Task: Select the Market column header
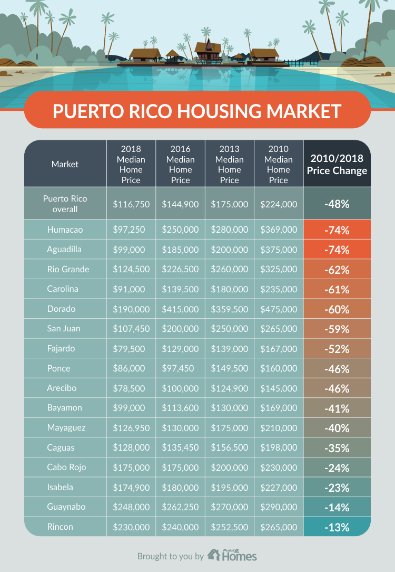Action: (x=65, y=164)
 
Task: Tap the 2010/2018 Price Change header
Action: (x=337, y=164)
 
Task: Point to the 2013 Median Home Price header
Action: (x=230, y=164)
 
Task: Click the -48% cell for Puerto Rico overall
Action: (x=337, y=203)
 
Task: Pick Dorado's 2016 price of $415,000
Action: (x=180, y=309)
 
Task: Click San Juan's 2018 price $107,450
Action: (x=131, y=328)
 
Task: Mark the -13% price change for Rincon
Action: (x=337, y=527)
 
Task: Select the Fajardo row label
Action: (x=61, y=348)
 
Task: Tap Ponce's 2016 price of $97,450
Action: (x=180, y=368)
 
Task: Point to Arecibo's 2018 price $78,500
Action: (x=131, y=388)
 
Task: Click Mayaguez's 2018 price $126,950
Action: (x=131, y=427)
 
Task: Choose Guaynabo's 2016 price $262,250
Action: (x=180, y=507)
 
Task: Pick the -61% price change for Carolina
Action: (x=337, y=289)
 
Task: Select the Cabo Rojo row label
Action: (x=66, y=467)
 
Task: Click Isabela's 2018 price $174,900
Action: (x=131, y=487)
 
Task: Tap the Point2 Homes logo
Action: (x=232, y=555)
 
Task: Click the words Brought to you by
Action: (x=170, y=556)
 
